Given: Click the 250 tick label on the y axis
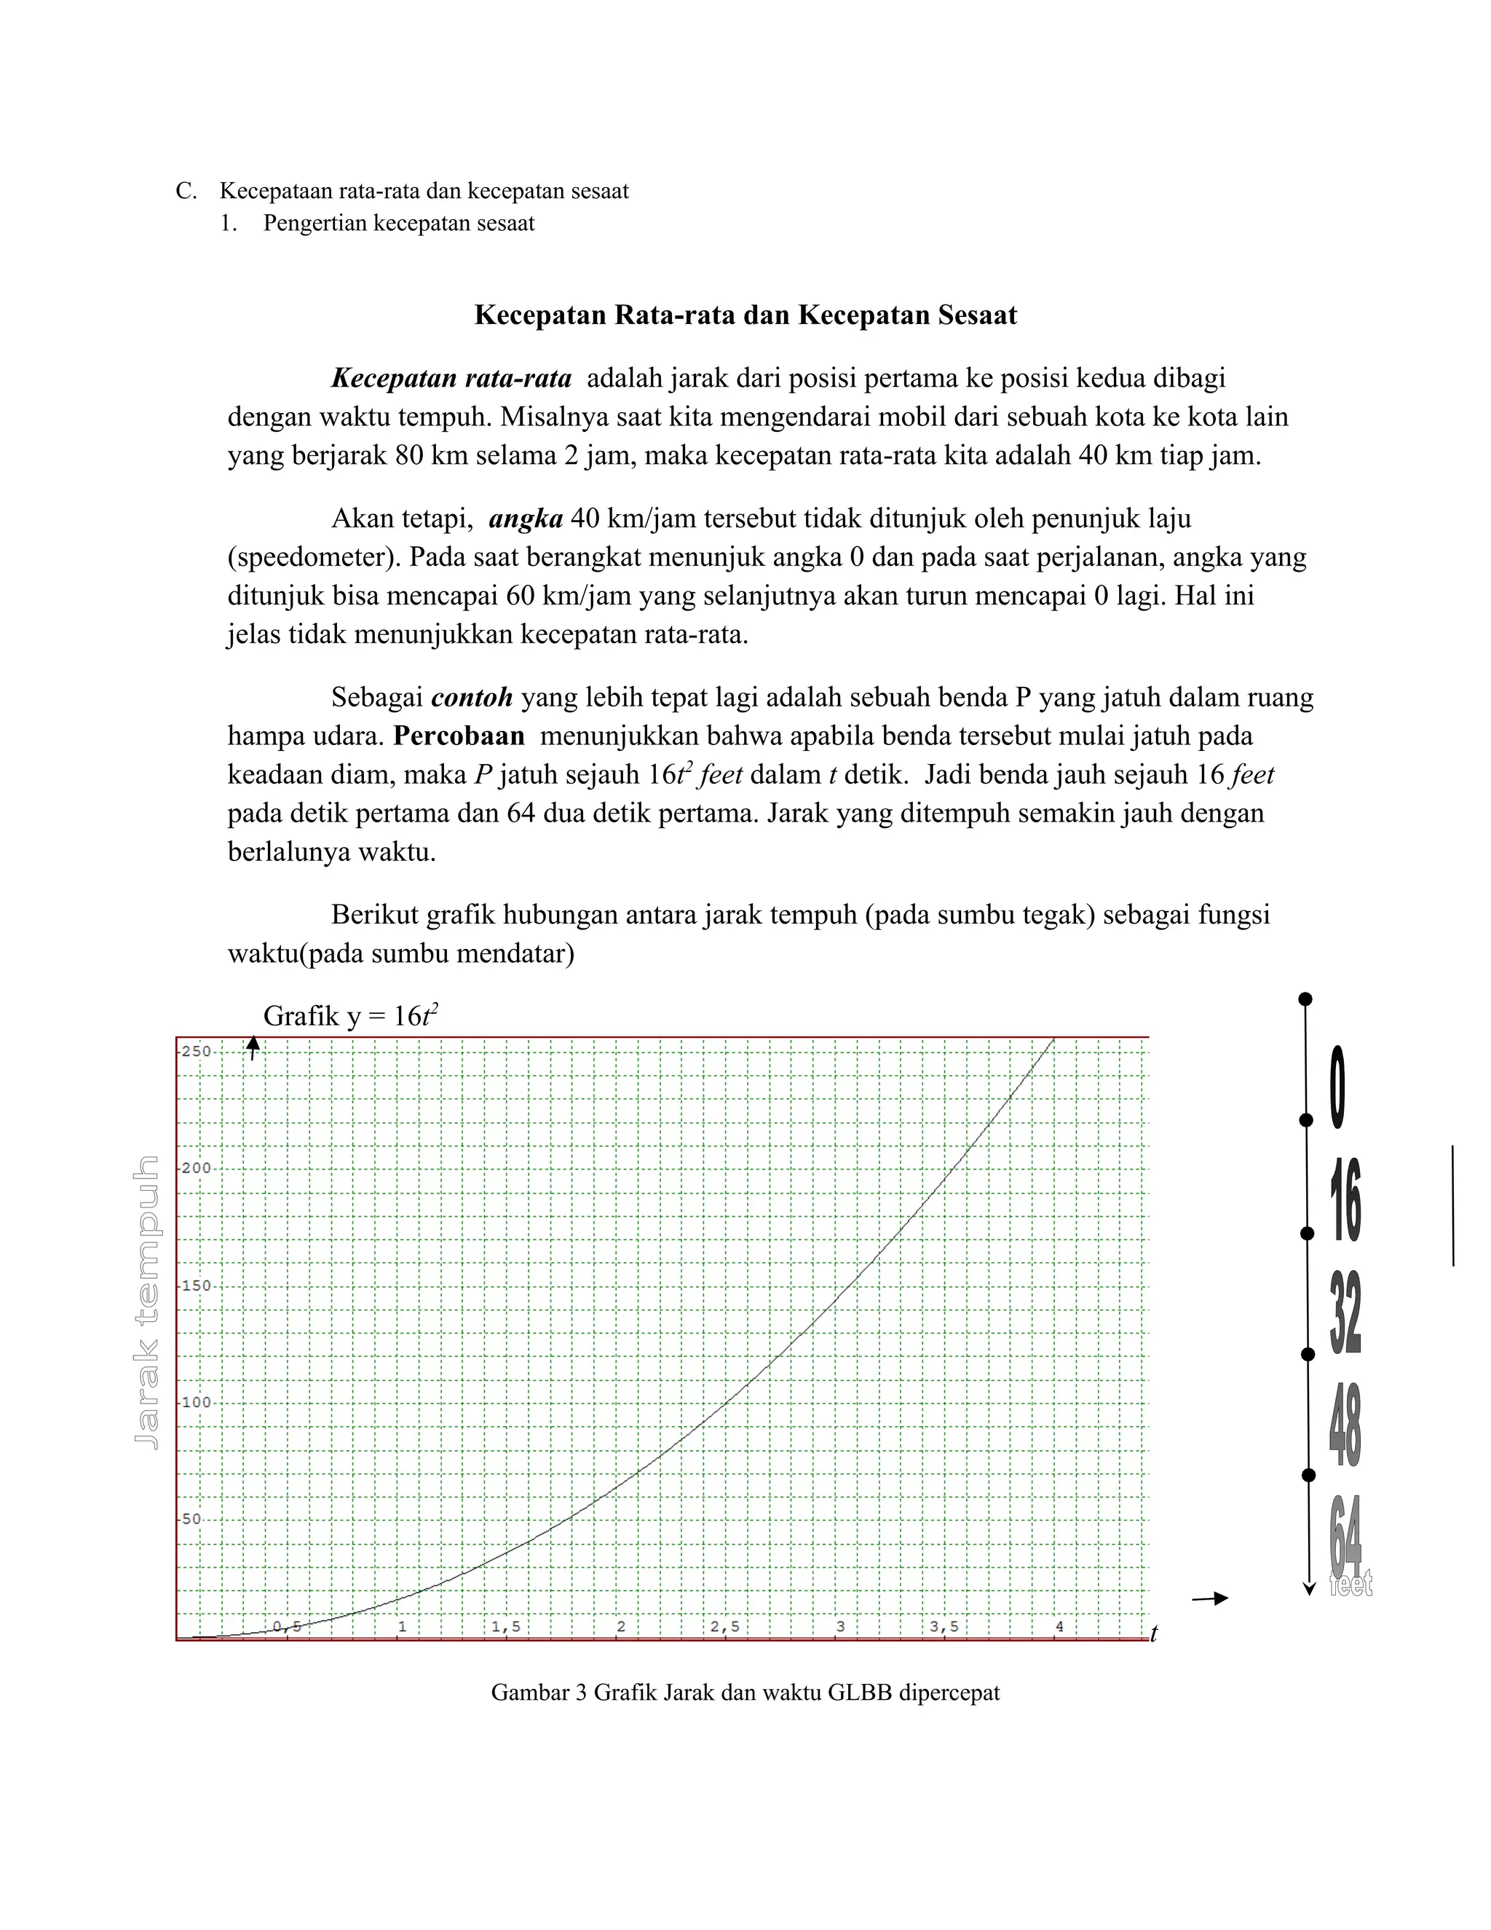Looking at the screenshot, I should point(196,1052).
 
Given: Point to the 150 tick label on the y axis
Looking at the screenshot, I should point(196,1285).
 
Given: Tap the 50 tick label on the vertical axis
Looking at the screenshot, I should point(191,1519).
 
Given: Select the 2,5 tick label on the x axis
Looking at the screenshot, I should point(725,1627).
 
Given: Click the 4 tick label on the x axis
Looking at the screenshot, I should point(1059,1627).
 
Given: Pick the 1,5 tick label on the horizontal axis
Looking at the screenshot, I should point(506,1627).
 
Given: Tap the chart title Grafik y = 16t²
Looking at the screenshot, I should point(351,1016).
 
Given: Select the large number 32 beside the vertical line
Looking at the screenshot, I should point(1345,1314).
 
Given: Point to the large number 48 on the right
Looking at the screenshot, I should point(1345,1425).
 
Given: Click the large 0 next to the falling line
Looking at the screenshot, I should point(1337,1087).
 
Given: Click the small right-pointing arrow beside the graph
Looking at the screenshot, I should point(1209,1598).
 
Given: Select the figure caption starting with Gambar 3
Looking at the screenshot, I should point(745,1693).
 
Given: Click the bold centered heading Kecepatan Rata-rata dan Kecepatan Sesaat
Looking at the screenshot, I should point(745,315).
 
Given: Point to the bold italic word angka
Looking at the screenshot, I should point(526,519).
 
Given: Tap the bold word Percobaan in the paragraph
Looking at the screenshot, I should point(459,736).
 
